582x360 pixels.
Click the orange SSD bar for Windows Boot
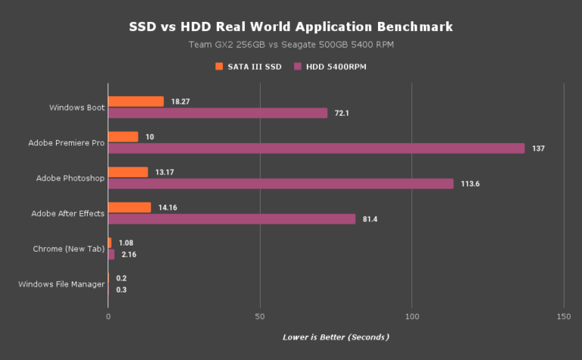point(136,102)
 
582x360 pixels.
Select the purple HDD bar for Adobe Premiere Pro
point(316,149)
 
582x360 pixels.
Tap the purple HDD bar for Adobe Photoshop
point(280,183)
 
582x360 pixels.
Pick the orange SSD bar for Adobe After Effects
point(130,207)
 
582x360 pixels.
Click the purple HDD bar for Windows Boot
point(217,113)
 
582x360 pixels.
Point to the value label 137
point(538,149)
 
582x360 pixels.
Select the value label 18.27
point(180,102)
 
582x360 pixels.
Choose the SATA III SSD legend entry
point(249,67)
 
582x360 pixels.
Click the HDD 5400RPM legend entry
point(336,67)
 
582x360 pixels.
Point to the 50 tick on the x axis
point(260,315)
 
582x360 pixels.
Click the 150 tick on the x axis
point(563,315)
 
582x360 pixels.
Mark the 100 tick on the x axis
point(411,315)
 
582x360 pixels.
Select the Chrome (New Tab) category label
point(69,249)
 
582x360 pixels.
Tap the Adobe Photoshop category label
point(70,178)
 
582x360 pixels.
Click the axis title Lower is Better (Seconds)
point(336,337)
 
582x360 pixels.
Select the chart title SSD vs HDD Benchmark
point(291,27)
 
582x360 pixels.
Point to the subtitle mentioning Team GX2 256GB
point(291,45)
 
